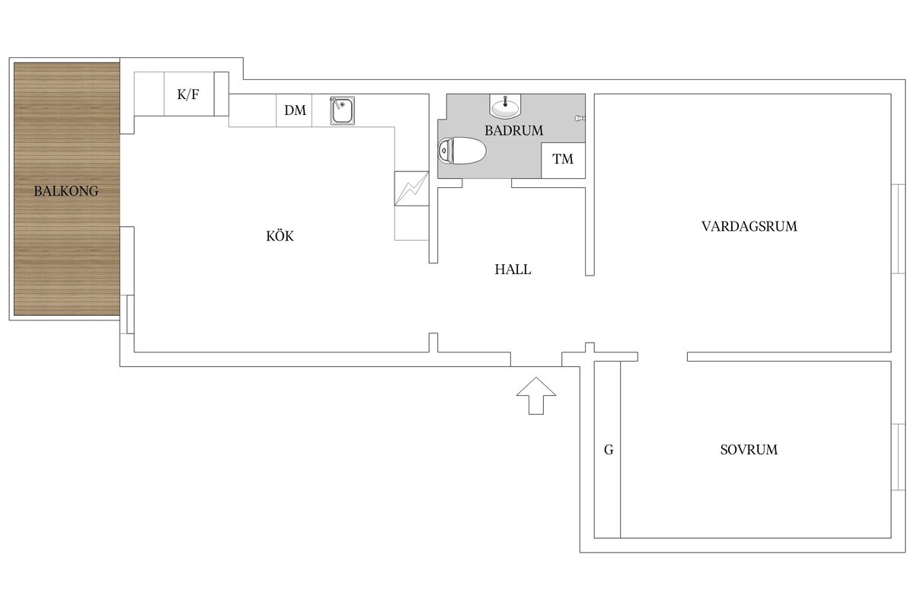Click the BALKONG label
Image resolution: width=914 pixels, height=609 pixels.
click(66, 192)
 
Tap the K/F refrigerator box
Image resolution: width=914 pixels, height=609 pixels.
click(190, 94)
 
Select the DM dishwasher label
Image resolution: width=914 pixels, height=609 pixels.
click(295, 110)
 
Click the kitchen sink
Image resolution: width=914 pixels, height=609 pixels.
click(342, 110)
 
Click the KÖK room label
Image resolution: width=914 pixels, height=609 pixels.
click(280, 237)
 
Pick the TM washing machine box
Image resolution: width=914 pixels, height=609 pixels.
click(563, 160)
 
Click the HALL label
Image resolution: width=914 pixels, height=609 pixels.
click(513, 269)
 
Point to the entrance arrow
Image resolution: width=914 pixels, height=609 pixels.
click(536, 394)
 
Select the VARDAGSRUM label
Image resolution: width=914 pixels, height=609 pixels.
click(749, 226)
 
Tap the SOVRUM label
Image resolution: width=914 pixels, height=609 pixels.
click(749, 450)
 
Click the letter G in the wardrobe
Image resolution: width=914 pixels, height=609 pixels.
click(608, 450)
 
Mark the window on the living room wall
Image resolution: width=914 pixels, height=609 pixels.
click(899, 228)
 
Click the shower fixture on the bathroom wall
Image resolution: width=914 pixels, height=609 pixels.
click(580, 119)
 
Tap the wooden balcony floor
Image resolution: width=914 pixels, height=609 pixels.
click(66, 251)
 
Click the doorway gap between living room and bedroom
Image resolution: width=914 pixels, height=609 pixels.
click(663, 356)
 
